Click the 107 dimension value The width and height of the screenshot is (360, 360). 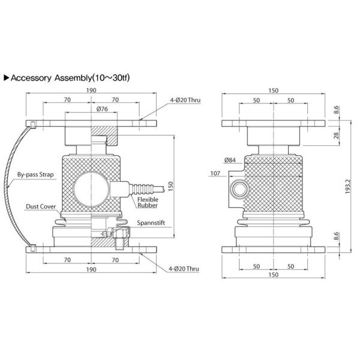[215, 173]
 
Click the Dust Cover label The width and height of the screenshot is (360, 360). [40, 206]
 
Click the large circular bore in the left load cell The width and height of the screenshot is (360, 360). [91, 187]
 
